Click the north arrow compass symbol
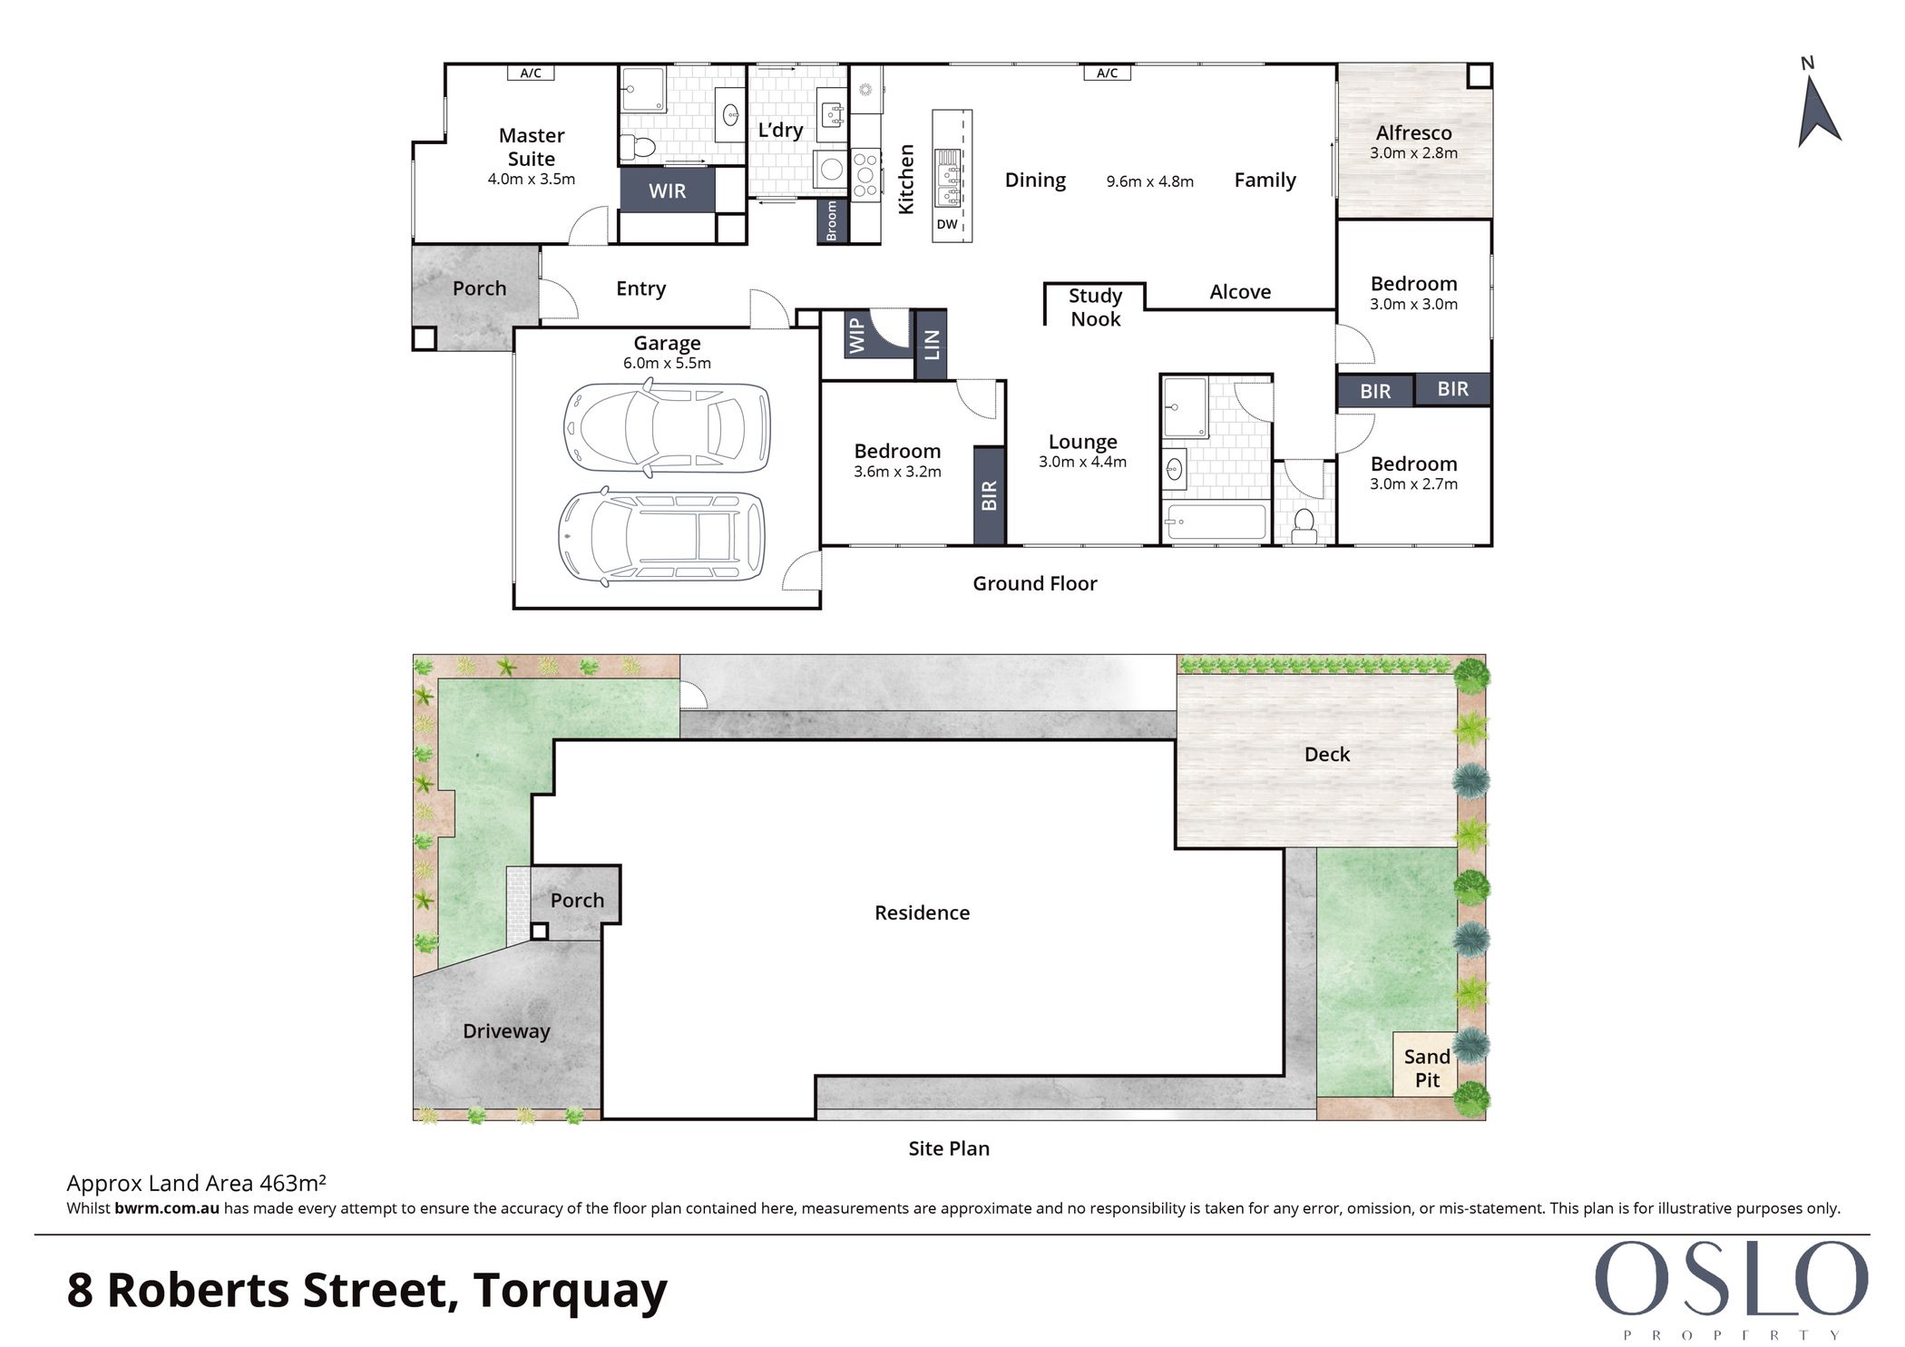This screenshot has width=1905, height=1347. [1818, 111]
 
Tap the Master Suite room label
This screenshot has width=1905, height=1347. [532, 147]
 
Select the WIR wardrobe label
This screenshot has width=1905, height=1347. [668, 191]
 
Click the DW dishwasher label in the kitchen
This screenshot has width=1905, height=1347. [946, 224]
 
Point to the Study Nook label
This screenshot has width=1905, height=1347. [1095, 307]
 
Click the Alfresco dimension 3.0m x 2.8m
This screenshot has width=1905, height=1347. [1413, 153]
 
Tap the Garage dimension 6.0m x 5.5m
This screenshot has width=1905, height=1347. [667, 363]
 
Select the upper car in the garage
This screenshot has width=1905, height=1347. [667, 427]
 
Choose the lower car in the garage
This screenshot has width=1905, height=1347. [661, 536]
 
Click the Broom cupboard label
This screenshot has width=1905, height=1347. [832, 221]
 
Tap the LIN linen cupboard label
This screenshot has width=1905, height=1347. [932, 345]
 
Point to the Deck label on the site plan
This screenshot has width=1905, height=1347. [1327, 755]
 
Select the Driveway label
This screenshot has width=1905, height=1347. [506, 1031]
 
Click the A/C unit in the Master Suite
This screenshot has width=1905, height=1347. [531, 73]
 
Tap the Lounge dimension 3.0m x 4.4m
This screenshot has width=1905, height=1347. [1083, 462]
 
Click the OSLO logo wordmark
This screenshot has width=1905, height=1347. [1731, 1278]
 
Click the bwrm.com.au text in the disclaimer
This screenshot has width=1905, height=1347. [167, 1208]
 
